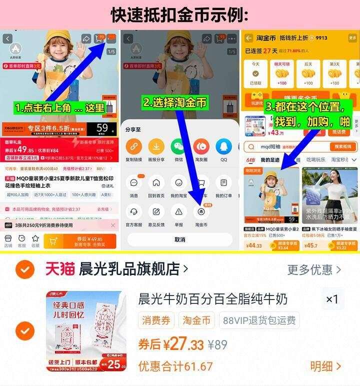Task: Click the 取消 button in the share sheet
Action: [179, 239]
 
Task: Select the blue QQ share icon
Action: [223, 146]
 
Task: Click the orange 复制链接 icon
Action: [133, 146]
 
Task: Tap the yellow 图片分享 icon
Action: [156, 146]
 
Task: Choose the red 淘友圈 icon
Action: [201, 146]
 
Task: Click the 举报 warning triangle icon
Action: [178, 211]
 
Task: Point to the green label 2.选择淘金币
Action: [175, 102]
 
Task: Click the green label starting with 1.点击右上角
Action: [60, 107]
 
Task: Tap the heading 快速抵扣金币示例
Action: [179, 15]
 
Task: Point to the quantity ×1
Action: [332, 299]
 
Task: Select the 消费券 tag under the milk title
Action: [156, 320]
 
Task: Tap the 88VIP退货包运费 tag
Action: [259, 320]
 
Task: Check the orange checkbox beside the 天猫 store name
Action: [24, 269]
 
